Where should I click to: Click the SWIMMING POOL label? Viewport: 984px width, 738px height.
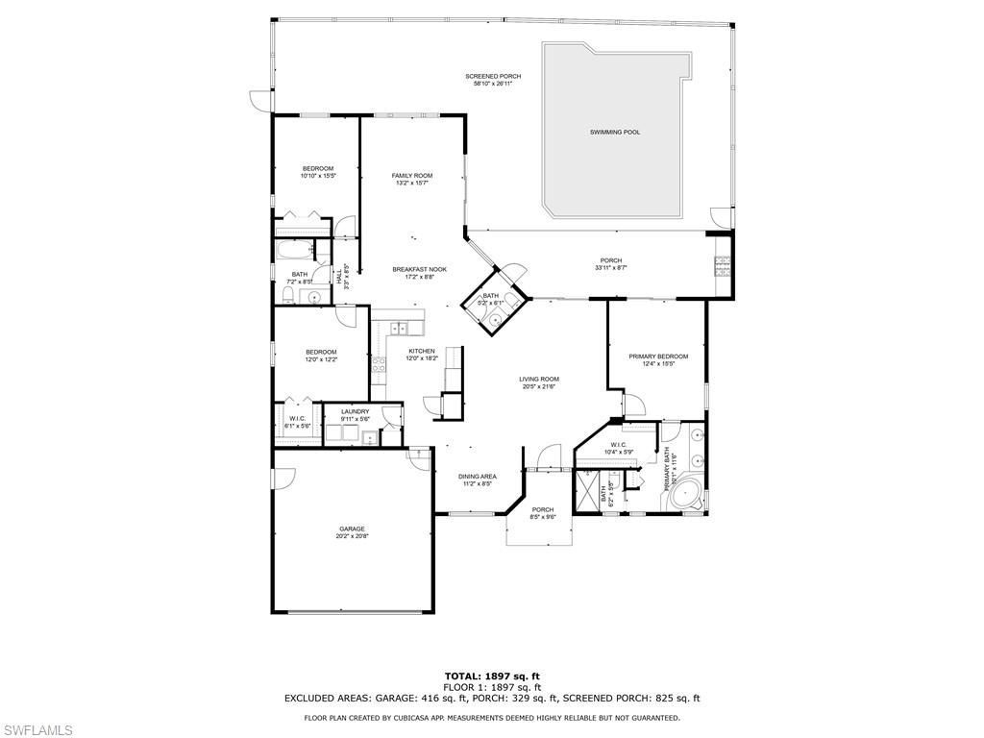click(x=615, y=132)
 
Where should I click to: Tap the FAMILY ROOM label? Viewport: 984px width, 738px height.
click(x=412, y=176)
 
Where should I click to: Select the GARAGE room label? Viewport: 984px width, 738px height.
click(x=352, y=529)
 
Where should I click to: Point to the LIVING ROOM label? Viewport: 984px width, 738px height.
click(x=539, y=380)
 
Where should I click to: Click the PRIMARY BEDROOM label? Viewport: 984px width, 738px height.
click(x=658, y=357)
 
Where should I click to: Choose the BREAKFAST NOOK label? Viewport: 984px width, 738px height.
click(x=420, y=269)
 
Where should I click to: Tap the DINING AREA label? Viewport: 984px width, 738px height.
click(x=477, y=477)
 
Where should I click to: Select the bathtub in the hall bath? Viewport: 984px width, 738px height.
click(x=294, y=253)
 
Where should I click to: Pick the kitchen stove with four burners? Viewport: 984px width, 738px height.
click(x=380, y=364)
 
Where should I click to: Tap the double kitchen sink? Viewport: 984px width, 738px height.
click(x=399, y=329)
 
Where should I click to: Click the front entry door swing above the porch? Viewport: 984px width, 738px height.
click(x=548, y=455)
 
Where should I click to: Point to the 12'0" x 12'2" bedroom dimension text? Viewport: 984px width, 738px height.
click(x=321, y=359)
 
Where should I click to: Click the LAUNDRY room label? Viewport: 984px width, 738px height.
click(x=355, y=411)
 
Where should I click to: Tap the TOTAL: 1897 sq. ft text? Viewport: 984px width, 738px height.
click(x=492, y=676)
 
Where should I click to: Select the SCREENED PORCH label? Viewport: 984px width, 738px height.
click(x=493, y=76)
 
